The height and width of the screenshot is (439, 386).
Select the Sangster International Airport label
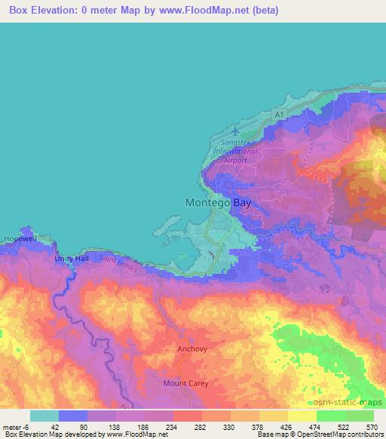[235, 151]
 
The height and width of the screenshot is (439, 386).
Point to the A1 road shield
[280, 112]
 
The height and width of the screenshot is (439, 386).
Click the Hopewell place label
[20, 238]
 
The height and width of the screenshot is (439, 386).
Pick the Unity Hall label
[72, 259]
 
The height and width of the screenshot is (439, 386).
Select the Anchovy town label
[191, 349]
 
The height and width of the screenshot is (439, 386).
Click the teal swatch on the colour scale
[44, 416]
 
